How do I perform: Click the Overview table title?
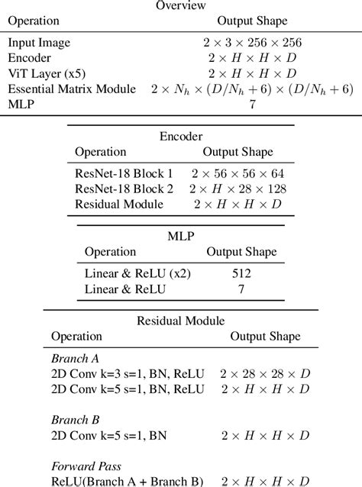point(180,5)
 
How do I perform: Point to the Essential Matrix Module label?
point(73,89)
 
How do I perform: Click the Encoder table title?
point(180,137)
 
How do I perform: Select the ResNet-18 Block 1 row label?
point(124,175)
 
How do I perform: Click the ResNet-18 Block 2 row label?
point(124,189)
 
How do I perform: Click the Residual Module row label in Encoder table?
point(118,205)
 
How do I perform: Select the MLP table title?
point(180,237)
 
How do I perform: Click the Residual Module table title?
point(180,321)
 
